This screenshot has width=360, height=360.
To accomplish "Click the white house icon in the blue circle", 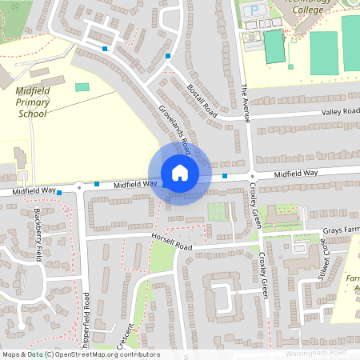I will (180, 173).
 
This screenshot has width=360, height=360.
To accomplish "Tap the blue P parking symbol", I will (255, 10).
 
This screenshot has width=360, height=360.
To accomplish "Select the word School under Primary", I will (32, 114).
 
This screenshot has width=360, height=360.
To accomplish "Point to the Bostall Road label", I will (201, 99).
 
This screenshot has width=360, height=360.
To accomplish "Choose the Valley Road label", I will (340, 112).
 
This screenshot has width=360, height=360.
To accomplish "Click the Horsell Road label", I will (170, 241).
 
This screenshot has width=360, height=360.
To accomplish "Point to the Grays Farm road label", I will (341, 231).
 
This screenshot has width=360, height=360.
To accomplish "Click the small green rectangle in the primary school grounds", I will (82, 86).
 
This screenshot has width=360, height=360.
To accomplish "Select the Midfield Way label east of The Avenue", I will (296, 173).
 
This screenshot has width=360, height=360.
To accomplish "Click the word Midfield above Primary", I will (34, 91).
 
